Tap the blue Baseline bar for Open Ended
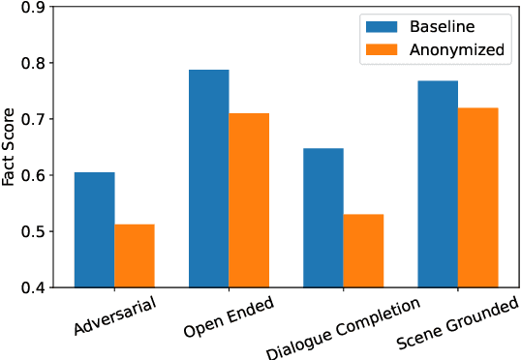click(x=208, y=179)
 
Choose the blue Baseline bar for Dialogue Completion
click(x=323, y=218)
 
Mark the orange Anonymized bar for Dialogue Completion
click(x=363, y=251)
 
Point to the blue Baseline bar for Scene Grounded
click(x=438, y=184)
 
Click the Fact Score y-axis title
click(x=9, y=147)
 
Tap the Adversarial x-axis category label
click(x=113, y=315)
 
